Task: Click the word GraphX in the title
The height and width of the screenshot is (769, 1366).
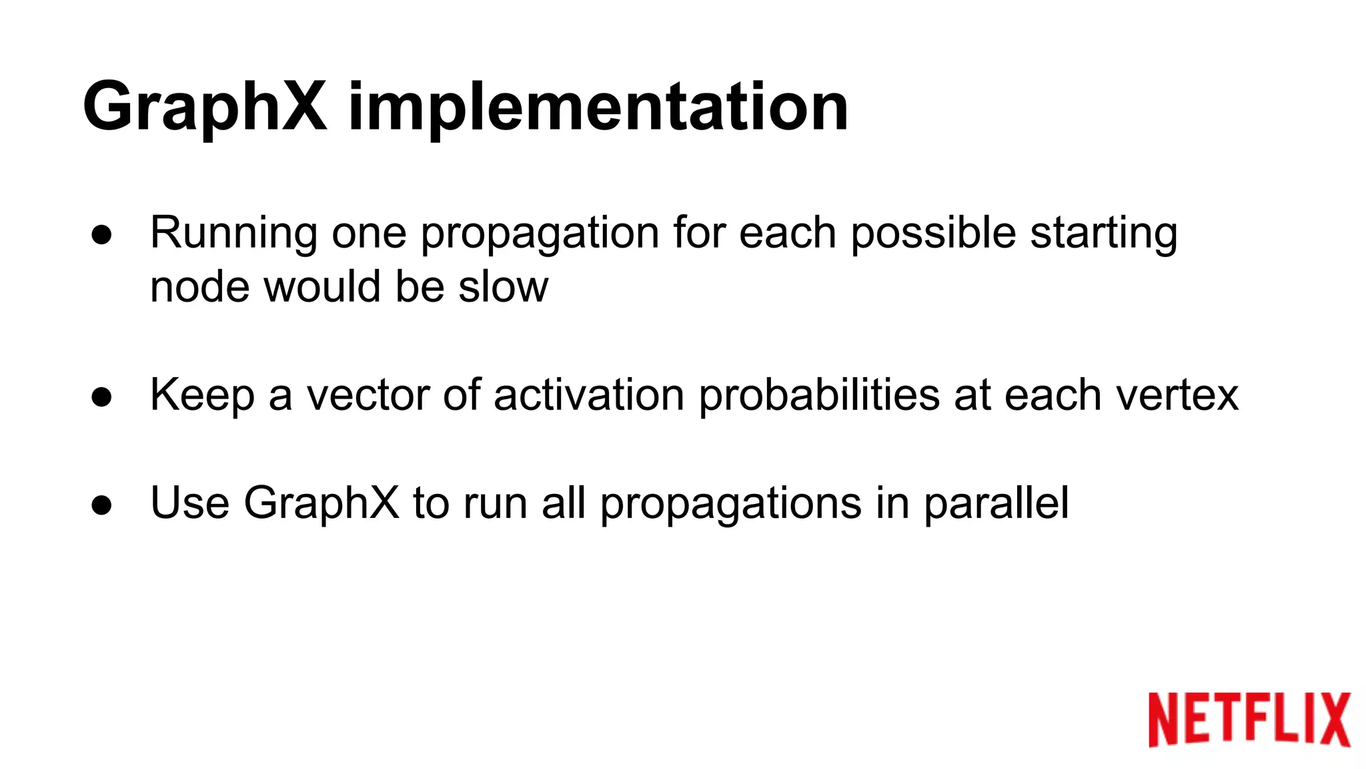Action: tap(205, 107)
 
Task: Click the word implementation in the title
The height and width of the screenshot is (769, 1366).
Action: tap(598, 107)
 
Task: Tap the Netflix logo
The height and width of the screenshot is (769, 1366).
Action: tap(1249, 719)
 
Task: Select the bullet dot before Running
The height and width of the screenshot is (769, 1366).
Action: tap(102, 235)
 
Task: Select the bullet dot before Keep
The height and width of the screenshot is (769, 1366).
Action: tap(102, 397)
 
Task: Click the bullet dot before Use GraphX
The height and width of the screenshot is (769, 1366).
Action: tap(102, 505)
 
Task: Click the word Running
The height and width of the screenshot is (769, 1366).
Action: tap(233, 234)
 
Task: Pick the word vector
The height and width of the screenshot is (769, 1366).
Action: tap(368, 395)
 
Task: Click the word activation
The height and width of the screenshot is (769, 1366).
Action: tap(588, 395)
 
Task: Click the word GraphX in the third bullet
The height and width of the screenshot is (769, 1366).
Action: tap(321, 503)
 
